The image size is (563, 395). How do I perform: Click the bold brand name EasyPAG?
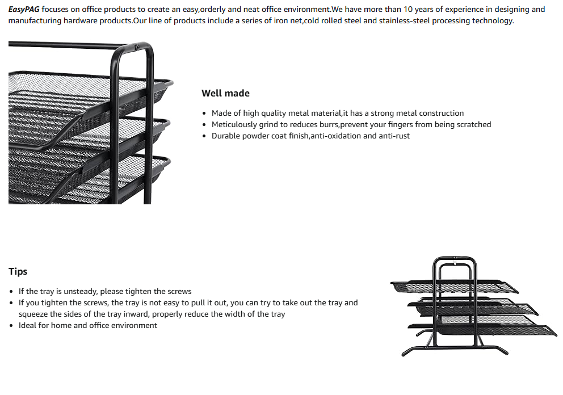click(x=24, y=10)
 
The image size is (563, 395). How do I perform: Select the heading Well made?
click(x=225, y=93)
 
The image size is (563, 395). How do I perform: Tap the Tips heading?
click(x=18, y=271)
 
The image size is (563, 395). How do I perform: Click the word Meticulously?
click(x=234, y=124)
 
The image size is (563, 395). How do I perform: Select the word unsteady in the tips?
click(x=76, y=291)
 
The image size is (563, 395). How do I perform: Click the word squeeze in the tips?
click(x=33, y=314)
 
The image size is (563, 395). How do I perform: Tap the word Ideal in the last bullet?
click(x=28, y=325)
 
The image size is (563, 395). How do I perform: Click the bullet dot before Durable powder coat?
click(x=204, y=136)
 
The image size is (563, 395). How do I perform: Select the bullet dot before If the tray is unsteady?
click(x=12, y=291)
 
